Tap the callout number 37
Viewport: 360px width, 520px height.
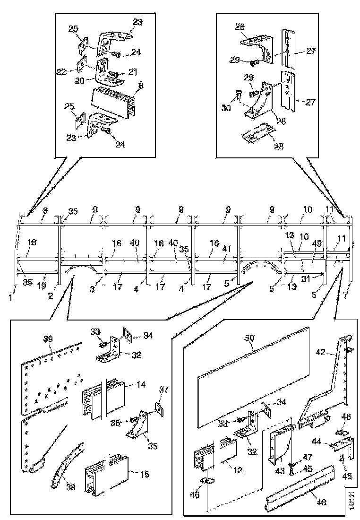click(x=164, y=390)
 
